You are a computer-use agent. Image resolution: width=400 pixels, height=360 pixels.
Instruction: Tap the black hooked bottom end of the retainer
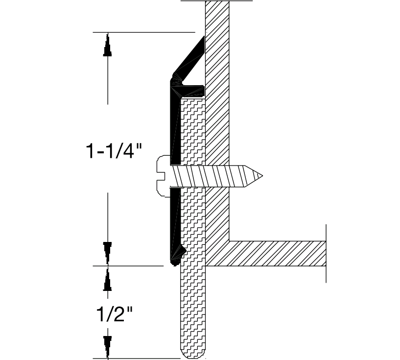coord(176,256)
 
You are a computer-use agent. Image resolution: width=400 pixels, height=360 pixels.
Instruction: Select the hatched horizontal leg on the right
coord(277,253)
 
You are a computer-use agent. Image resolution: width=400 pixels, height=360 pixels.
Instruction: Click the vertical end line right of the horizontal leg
coord(326,253)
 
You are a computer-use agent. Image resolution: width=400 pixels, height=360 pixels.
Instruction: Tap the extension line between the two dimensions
coord(127,266)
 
